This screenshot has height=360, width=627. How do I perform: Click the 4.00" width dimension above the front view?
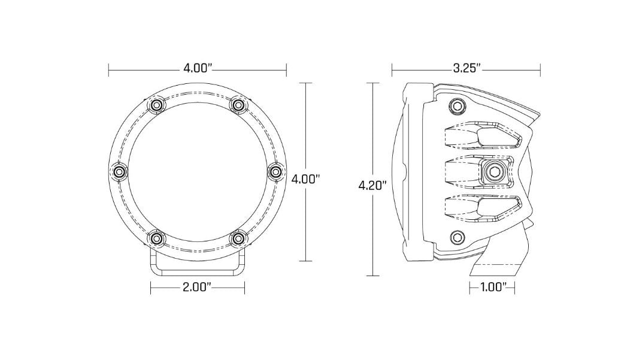198,68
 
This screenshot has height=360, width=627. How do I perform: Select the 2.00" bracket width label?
197,288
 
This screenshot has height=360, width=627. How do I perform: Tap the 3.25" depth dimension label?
467,68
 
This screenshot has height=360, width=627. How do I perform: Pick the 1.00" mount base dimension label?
493,288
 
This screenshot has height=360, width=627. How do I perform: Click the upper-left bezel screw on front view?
157,105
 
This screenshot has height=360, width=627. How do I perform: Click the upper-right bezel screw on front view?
238,105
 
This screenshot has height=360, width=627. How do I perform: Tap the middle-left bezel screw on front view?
118,172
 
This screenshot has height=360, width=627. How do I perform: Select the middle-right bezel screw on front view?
276,172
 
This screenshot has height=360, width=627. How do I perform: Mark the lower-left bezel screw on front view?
157,239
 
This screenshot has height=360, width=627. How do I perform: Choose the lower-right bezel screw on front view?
238,239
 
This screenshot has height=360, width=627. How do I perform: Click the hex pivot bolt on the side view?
495,172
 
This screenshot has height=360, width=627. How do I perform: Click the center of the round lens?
198,172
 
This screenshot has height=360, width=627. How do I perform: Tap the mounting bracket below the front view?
197,268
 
